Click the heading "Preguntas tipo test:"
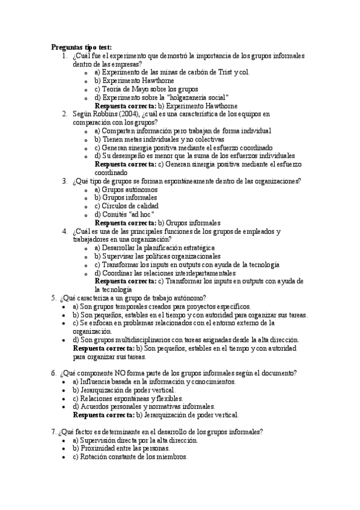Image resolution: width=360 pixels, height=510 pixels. [x=81, y=47]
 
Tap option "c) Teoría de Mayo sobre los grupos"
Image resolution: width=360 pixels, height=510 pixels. [x=142, y=89]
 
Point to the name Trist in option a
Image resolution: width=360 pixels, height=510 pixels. [x=223, y=72]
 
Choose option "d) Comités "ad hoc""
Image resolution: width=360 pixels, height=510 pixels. [x=125, y=214]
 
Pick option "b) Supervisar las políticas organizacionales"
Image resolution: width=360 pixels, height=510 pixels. [x=157, y=256]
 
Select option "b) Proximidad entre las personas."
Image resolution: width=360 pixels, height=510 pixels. [x=121, y=448]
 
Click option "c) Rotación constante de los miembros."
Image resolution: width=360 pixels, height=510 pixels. [x=130, y=456]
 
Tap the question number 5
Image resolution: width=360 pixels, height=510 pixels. [x=54, y=298]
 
